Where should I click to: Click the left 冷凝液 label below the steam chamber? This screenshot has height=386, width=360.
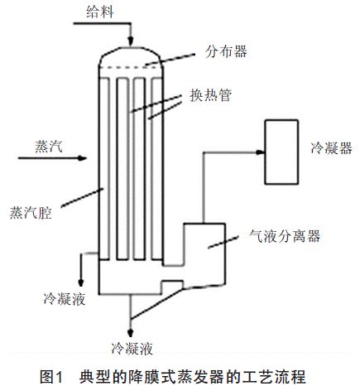point(64,295)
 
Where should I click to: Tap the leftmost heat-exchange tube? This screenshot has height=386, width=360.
point(111,166)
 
